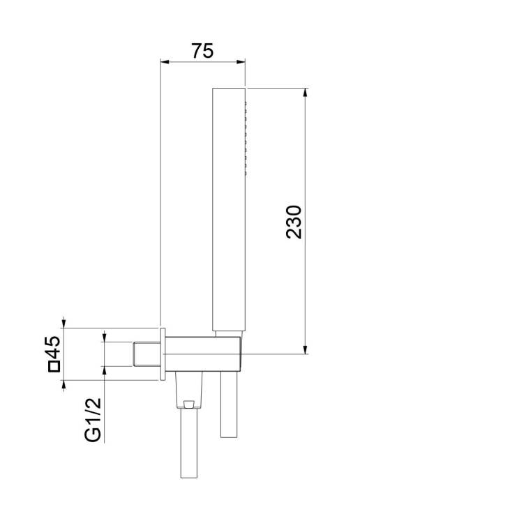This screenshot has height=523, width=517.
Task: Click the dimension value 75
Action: point(202,51)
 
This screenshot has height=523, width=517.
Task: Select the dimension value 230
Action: point(294,222)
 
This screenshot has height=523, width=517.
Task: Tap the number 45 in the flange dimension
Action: point(53,347)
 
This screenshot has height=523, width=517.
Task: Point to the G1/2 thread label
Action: point(93,420)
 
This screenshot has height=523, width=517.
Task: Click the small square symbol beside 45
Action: point(54,366)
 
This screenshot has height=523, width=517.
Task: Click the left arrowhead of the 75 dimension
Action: point(165,61)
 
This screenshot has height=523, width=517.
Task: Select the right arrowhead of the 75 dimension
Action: point(241,61)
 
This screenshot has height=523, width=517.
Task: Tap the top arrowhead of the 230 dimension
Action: point(305,93)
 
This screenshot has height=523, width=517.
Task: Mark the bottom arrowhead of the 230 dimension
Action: point(305,349)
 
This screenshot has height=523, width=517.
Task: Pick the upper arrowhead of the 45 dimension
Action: point(64,324)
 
